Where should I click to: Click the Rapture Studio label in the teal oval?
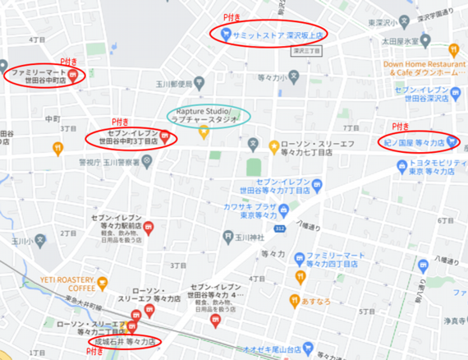click(204, 115)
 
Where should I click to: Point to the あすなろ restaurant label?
click(315, 302)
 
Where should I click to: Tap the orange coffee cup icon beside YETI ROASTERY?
click(103, 284)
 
